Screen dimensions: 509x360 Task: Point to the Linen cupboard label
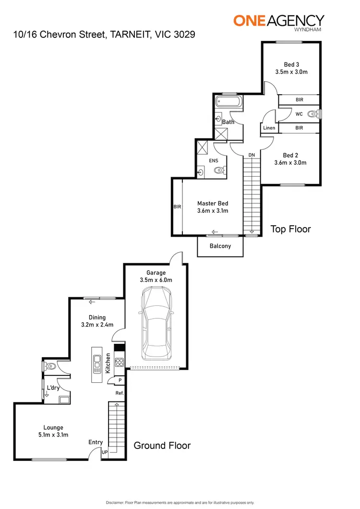pyautogui.click(x=269, y=128)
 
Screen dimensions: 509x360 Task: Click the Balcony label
pyautogui.click(x=220, y=246)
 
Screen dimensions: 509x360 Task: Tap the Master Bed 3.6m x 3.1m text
pyautogui.click(x=213, y=207)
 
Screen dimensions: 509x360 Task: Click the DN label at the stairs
pyautogui.click(x=252, y=155)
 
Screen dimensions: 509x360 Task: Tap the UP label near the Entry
pyautogui.click(x=104, y=452)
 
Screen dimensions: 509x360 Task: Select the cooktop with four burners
pyautogui.click(x=119, y=363)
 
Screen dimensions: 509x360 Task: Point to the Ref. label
pyautogui.click(x=119, y=393)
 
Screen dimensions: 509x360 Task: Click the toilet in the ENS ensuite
pyautogui.click(x=219, y=170)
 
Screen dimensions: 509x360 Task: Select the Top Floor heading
pyautogui.click(x=290, y=229)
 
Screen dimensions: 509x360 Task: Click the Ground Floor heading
pyautogui.click(x=162, y=446)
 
